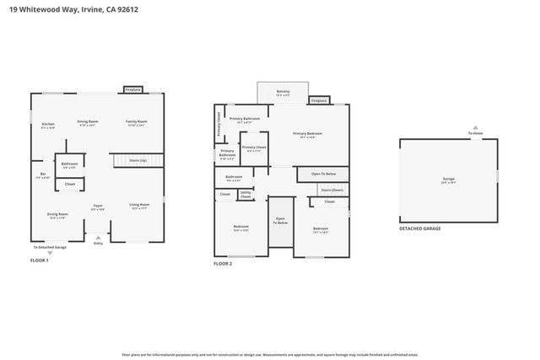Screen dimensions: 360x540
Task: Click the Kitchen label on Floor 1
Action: [48, 126]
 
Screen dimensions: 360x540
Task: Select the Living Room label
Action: [139, 205]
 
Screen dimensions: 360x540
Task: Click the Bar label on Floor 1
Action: [41, 175]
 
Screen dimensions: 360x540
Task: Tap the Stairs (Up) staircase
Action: [137, 159]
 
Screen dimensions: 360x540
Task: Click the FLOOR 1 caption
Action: [40, 261]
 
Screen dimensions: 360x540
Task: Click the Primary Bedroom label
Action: [308, 134]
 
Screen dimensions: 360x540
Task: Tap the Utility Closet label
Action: [246, 195]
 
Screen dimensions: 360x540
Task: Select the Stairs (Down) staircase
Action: [331, 191]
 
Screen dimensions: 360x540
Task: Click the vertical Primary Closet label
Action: [219, 124]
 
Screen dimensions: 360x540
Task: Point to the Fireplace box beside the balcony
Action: [318, 100]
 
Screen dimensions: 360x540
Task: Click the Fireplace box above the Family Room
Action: [132, 89]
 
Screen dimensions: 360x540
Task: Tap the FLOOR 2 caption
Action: [223, 264]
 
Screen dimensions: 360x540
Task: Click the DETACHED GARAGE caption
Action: [419, 228]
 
